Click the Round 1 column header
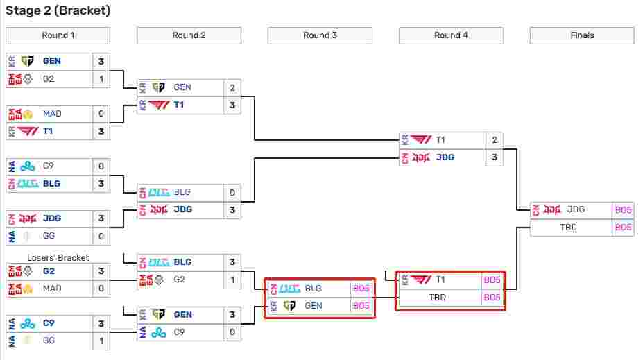click(x=58, y=35)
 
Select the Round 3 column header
click(x=320, y=35)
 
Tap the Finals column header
click(x=582, y=35)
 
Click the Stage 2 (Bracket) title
click(x=58, y=10)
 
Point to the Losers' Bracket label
click(x=58, y=257)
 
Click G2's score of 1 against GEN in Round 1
click(x=101, y=78)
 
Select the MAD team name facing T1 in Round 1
click(x=52, y=114)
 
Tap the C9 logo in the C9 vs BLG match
click(x=28, y=166)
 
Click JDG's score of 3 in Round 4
click(x=495, y=157)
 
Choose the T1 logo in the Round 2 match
click(x=159, y=105)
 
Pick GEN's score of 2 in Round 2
click(x=232, y=87)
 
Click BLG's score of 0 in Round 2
click(x=232, y=192)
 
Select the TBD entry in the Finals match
click(x=568, y=227)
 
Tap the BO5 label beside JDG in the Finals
click(x=623, y=210)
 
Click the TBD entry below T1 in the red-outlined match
click(x=437, y=298)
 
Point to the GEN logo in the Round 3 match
click(x=289, y=306)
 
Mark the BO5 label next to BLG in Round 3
click(x=361, y=289)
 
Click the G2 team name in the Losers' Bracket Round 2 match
click(x=179, y=280)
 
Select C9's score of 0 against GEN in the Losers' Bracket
click(x=232, y=332)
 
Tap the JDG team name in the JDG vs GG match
click(x=52, y=218)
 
